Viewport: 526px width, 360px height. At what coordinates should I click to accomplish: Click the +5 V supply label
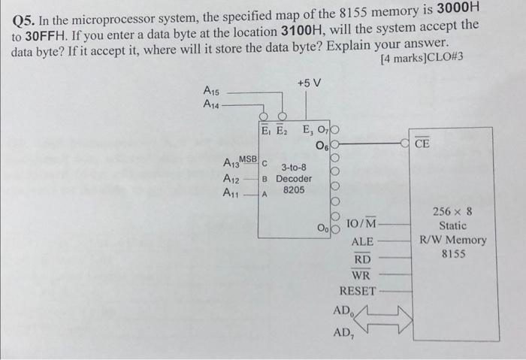point(309,82)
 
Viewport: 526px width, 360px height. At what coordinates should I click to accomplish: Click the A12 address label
point(231,179)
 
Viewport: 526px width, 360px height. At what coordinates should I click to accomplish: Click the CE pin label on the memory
point(422,144)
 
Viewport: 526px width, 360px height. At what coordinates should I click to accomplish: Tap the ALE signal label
point(364,242)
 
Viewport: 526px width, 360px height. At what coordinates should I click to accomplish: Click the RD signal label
point(363,259)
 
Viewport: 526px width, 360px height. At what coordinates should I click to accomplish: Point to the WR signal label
point(362,274)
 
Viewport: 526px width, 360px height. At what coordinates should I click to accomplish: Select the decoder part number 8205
point(294,191)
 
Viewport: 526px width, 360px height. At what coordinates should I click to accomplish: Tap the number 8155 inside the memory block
point(453,254)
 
